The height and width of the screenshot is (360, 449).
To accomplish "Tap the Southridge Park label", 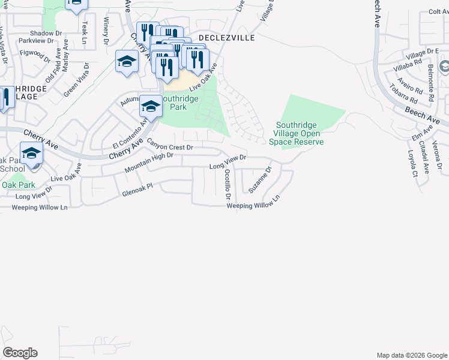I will tap(182, 103).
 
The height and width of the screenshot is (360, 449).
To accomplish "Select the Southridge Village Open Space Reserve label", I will tap(298, 134).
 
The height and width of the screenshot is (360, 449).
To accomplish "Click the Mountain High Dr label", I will tap(149, 163).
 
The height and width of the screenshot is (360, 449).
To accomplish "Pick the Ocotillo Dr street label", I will tap(228, 179).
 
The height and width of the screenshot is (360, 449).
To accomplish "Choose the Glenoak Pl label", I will tap(138, 193).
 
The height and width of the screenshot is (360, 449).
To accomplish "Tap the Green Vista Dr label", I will tap(77, 79).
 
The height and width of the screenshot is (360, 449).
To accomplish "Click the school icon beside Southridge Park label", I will tap(150, 107).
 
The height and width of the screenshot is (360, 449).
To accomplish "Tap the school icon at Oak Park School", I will tap(31, 153).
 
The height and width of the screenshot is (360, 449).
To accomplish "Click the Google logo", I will tap(20, 353).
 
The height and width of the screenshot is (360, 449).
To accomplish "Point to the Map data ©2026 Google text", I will tap(411, 355).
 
